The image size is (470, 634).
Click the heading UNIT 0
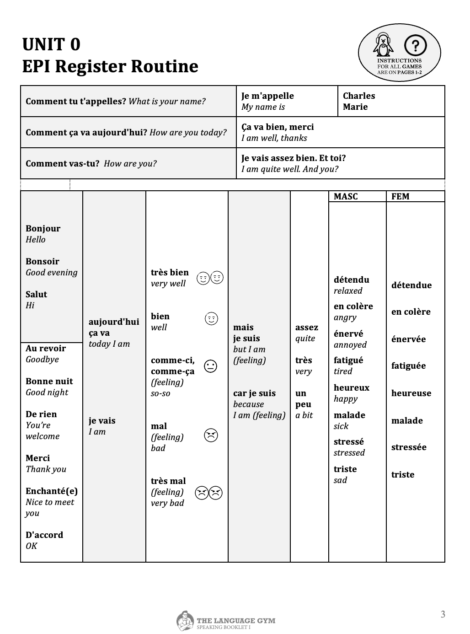click(x=51, y=44)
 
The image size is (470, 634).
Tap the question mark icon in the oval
click(x=416, y=46)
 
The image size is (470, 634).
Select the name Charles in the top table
click(x=359, y=96)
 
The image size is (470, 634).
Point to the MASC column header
click(x=346, y=197)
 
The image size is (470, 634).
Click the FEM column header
click(x=400, y=197)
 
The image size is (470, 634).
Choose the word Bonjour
click(x=43, y=229)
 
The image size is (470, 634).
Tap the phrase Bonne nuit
click(x=49, y=381)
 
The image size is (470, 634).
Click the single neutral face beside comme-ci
click(x=210, y=366)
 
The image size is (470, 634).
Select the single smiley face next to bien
click(x=211, y=318)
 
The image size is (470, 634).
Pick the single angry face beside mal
click(x=211, y=435)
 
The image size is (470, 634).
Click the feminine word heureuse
click(x=411, y=393)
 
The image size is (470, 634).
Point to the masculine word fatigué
click(x=348, y=360)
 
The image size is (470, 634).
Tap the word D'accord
click(x=44, y=535)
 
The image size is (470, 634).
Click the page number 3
click(x=443, y=614)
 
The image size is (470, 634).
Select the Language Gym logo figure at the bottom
click(x=185, y=621)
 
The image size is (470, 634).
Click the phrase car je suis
click(x=254, y=393)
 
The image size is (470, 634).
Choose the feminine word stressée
click(x=409, y=447)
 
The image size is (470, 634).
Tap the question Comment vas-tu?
click(x=63, y=164)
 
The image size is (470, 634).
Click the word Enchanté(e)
click(x=52, y=491)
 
